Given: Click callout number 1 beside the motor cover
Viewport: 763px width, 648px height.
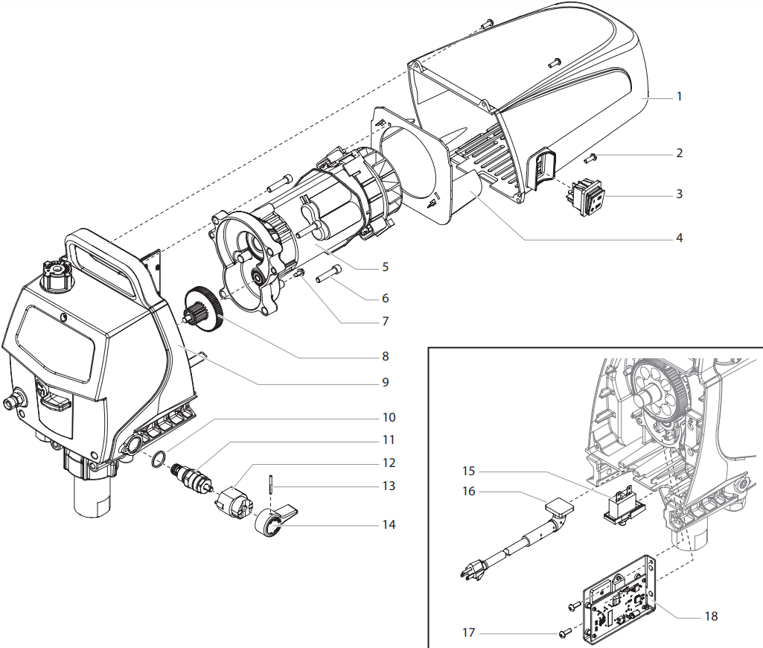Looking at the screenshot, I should coord(679,97).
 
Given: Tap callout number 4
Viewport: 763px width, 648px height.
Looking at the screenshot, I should coord(679,239).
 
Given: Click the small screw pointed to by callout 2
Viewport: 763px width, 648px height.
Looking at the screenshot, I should coord(591,157).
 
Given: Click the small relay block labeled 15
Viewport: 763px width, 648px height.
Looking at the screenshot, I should coord(622,506).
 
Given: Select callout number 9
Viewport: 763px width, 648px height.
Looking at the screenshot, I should coord(385,383).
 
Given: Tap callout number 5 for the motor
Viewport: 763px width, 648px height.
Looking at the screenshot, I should coord(385,267).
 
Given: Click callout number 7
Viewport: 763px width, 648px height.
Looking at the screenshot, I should coord(385,322).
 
